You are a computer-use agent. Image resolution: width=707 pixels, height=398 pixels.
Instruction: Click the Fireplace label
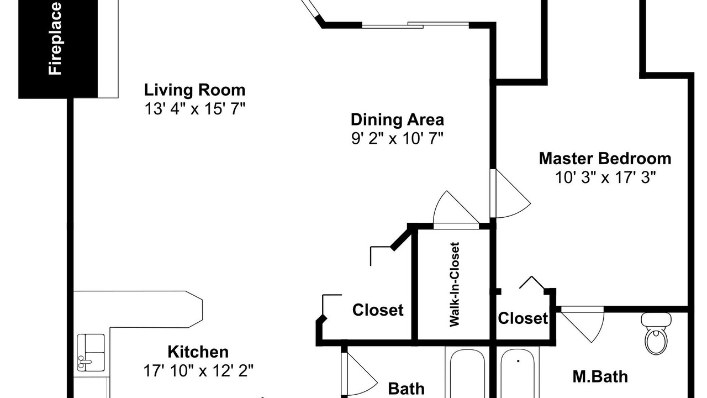[x=55, y=39]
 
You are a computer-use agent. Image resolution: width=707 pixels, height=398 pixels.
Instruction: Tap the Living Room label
[x=195, y=90]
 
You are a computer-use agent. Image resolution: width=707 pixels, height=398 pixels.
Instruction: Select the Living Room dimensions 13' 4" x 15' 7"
[x=195, y=109]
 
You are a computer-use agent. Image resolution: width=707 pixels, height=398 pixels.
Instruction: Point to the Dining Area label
[x=397, y=120]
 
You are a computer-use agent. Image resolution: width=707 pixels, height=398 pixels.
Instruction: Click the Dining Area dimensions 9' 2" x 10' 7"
[x=397, y=138]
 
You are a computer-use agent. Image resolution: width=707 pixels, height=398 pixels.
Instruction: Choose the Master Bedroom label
[x=605, y=159]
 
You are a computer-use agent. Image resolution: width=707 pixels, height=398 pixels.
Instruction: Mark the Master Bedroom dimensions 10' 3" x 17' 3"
[x=605, y=177]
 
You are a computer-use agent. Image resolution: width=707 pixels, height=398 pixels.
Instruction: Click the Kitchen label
[x=198, y=352]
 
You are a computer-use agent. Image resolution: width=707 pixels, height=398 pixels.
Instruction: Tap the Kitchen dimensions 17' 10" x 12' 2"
[x=198, y=370]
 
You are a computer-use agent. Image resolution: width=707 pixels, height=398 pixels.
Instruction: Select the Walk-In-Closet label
[x=454, y=284]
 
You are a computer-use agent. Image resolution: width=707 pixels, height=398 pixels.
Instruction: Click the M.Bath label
[x=600, y=377]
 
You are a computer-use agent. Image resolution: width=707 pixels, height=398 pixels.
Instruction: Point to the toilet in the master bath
[x=656, y=333]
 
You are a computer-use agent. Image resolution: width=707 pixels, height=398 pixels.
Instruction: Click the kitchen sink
[x=91, y=353]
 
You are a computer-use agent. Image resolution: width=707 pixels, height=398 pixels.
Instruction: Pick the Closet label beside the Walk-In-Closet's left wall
[x=378, y=310]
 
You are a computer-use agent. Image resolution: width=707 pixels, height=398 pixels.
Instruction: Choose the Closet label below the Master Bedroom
[x=523, y=318]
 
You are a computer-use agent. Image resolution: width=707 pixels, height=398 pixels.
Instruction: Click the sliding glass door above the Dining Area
[x=415, y=25]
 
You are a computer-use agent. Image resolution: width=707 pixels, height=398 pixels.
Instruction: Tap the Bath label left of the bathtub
[x=406, y=389]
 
